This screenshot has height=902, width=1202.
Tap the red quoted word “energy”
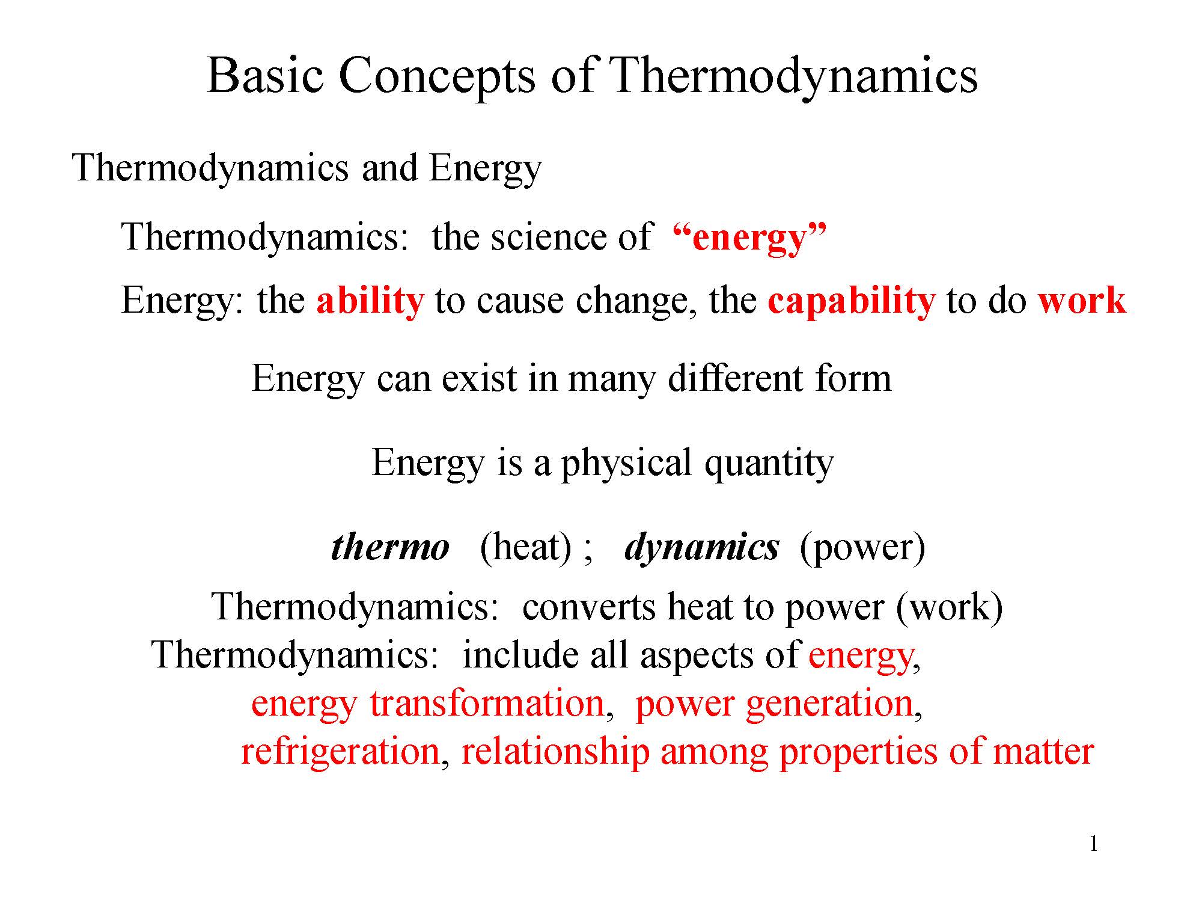click(x=750, y=238)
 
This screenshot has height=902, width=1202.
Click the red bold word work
click(x=1082, y=301)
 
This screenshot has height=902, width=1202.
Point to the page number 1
click(x=1093, y=844)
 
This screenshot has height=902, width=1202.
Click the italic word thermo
click(x=390, y=547)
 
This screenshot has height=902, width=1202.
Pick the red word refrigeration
click(x=340, y=752)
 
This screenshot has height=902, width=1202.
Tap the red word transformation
click(x=487, y=703)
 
